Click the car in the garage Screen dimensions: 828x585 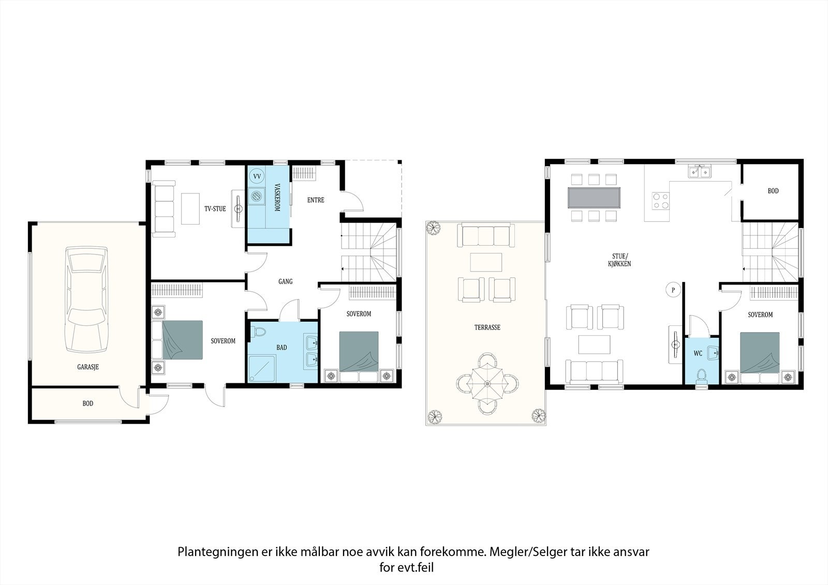pyautogui.click(x=86, y=299)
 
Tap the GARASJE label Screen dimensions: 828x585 pyautogui.click(x=88, y=367)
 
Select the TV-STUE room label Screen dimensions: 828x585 pyautogui.click(x=215, y=209)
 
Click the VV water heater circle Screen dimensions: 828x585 pyautogui.click(x=257, y=176)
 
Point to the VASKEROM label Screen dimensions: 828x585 pyautogui.click(x=277, y=198)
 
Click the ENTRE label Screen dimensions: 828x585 pyautogui.click(x=316, y=200)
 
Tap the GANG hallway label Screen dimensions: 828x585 pyautogui.click(x=285, y=281)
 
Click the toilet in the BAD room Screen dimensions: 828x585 pyautogui.click(x=258, y=332)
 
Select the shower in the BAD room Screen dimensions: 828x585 pyautogui.click(x=262, y=368)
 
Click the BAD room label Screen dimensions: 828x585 pyautogui.click(x=282, y=348)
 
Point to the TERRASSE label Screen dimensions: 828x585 pyautogui.click(x=487, y=327)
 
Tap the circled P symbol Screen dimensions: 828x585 pyautogui.click(x=673, y=290)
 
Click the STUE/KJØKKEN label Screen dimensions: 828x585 pyautogui.click(x=619, y=260)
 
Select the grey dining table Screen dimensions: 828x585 pyautogui.click(x=594, y=198)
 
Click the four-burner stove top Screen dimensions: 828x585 pyautogui.click(x=660, y=201)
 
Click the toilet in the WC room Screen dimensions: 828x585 pyautogui.click(x=701, y=376)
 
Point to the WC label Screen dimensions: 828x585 pyautogui.click(x=698, y=354)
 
